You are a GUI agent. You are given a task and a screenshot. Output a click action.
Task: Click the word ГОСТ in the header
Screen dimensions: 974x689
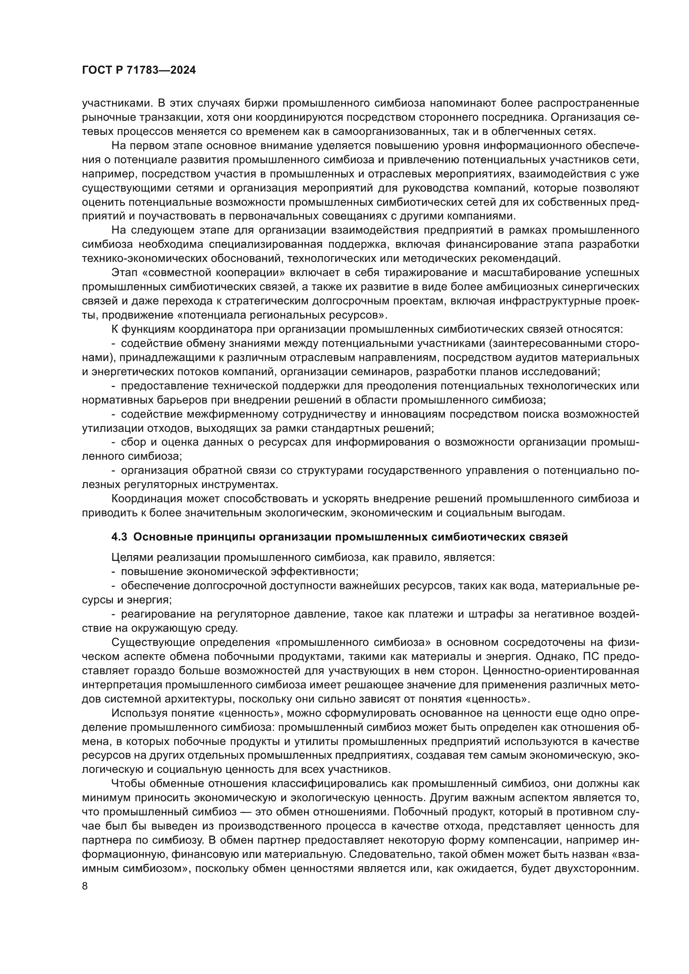[x=96, y=71]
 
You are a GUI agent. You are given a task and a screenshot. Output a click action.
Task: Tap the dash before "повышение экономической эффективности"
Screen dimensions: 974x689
[x=114, y=572]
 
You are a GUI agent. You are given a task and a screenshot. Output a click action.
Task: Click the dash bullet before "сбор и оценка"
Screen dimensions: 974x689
[x=114, y=442]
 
